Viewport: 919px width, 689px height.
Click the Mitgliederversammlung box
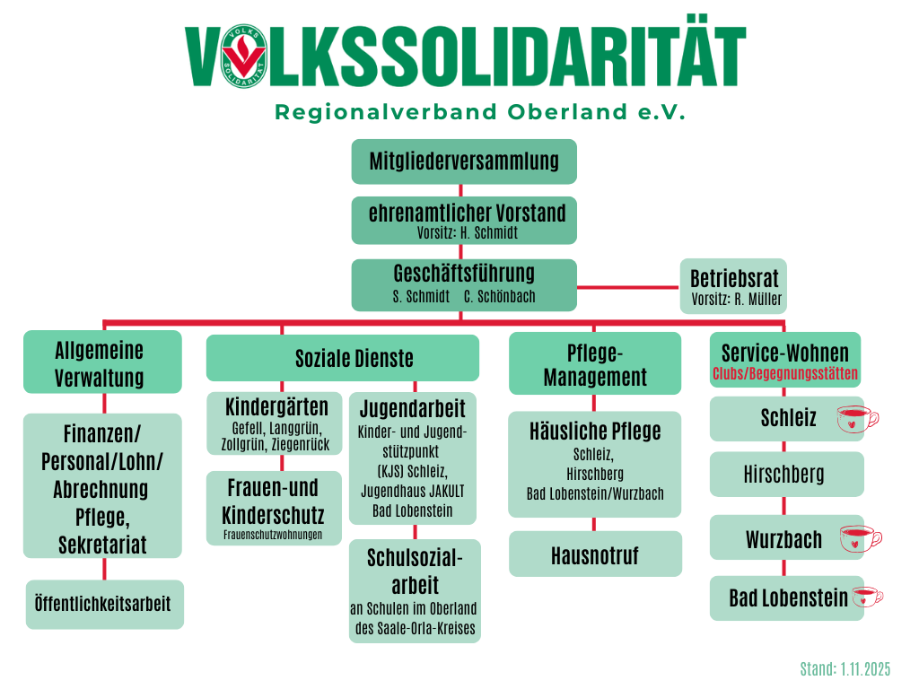click(463, 161)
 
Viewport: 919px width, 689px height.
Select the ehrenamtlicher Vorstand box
click(463, 220)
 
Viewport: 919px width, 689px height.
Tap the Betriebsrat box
click(733, 285)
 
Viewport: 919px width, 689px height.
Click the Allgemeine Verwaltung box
click(102, 362)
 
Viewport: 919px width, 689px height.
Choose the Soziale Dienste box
click(342, 358)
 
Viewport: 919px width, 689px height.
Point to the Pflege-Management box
click(594, 362)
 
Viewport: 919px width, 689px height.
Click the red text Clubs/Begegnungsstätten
click(784, 373)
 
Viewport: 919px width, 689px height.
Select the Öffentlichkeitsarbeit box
click(104, 603)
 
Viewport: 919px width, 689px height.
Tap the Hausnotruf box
click(595, 554)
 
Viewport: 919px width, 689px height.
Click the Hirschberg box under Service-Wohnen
click(785, 474)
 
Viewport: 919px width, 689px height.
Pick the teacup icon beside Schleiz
click(856, 419)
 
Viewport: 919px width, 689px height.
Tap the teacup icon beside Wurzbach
click(859, 539)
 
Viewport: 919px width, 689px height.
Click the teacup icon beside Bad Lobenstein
click(866, 597)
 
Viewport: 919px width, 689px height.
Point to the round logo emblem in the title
click(243, 56)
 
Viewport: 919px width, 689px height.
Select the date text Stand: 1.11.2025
click(845, 669)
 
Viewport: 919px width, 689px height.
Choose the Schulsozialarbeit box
click(415, 589)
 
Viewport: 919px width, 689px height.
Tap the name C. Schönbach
click(499, 296)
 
